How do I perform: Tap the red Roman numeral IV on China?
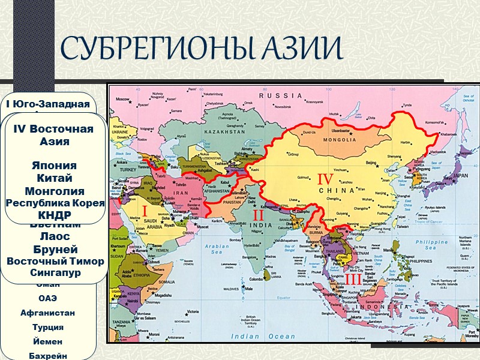coord(325,179)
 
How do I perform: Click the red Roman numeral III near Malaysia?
coord(353,279)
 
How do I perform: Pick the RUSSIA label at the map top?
coord(280,95)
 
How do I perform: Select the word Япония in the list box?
coord(55,166)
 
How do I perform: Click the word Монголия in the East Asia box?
coord(55,191)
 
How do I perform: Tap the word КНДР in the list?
coord(55,214)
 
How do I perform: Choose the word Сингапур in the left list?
coord(55,273)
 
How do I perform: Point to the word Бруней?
coord(55,249)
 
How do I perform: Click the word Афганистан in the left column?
coord(47,313)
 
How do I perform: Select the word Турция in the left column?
coord(48,327)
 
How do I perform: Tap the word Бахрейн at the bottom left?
coord(48,356)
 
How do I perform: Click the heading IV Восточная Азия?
coord(53,136)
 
